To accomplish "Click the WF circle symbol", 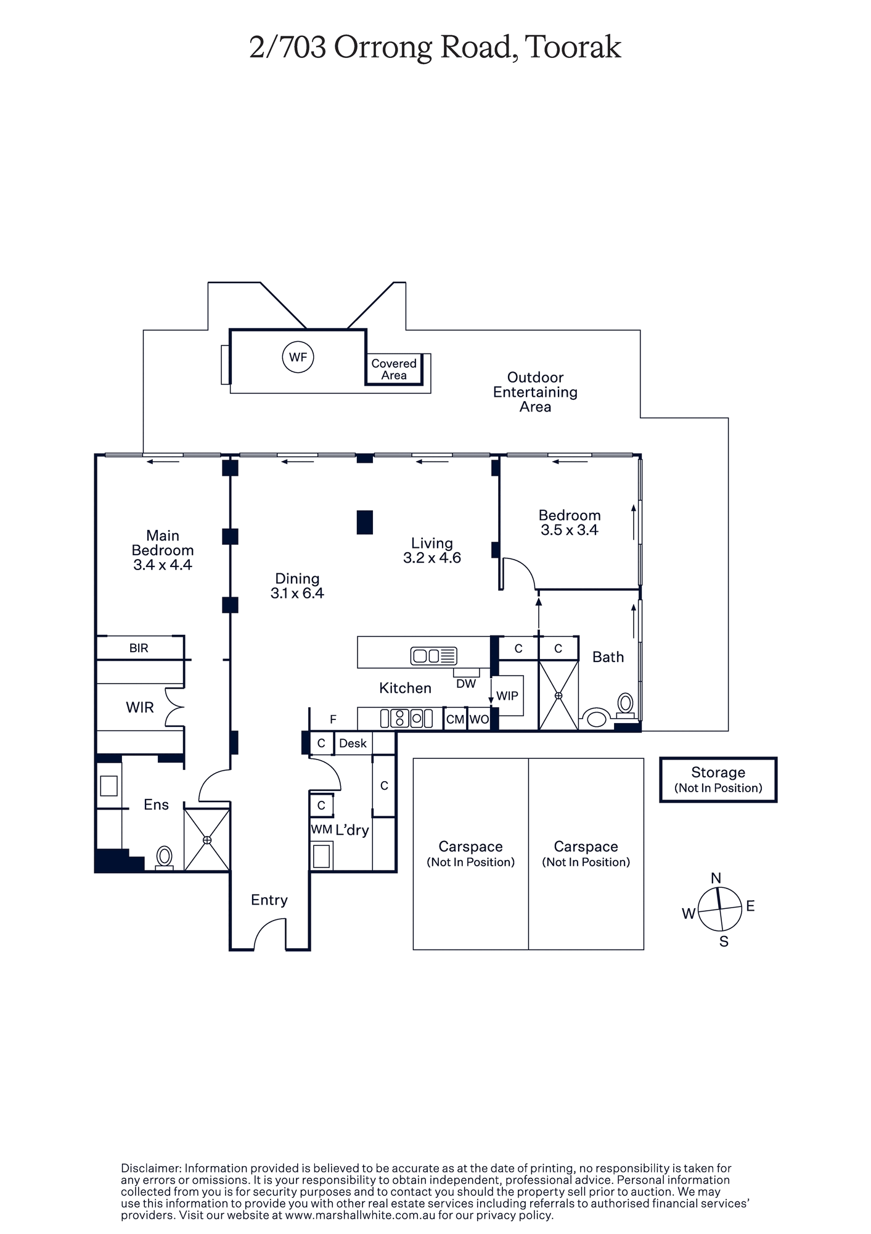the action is click(298, 357).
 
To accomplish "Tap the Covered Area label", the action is click(394, 369).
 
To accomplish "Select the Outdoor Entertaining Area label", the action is click(535, 392).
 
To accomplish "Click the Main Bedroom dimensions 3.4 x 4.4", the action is click(163, 565).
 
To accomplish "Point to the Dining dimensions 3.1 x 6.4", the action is click(297, 593).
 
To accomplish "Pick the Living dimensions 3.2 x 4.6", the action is click(432, 558).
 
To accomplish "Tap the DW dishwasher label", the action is click(466, 683).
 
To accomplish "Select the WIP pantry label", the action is click(507, 696).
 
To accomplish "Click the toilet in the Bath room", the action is click(626, 705).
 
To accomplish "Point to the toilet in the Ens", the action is click(164, 858).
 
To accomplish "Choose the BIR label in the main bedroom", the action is click(139, 648).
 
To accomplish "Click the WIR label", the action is click(140, 708).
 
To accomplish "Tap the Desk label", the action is click(353, 743).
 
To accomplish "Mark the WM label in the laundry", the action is click(322, 830).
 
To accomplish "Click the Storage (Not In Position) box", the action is click(718, 780).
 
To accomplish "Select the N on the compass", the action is click(716, 878).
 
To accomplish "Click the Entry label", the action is click(269, 900).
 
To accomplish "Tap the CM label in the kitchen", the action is click(455, 719).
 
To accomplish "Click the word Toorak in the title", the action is click(574, 48).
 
